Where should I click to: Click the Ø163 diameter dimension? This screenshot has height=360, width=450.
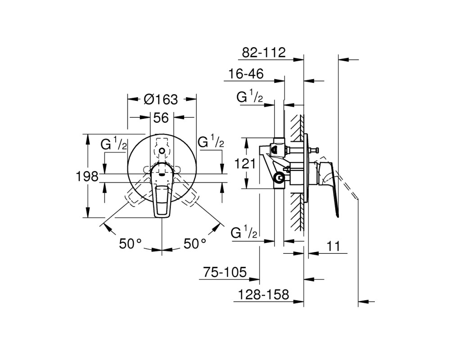161,99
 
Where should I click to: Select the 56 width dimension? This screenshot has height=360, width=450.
161,118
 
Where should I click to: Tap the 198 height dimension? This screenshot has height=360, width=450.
87,176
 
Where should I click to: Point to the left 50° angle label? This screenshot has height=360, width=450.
130,244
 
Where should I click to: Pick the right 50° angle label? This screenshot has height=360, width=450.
195,244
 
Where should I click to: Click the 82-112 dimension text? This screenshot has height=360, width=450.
264,53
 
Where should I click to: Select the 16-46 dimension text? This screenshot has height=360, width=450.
246,74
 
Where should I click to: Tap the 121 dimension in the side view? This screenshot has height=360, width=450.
245,164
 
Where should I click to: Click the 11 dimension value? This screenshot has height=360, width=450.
333,246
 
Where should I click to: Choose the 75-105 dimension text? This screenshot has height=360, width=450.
225,272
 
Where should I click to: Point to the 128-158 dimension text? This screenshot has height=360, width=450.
263,294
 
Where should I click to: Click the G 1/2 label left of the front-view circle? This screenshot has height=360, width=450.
114,144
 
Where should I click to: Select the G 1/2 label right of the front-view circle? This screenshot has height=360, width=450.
211,142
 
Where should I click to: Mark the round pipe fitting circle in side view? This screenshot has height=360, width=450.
279,179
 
